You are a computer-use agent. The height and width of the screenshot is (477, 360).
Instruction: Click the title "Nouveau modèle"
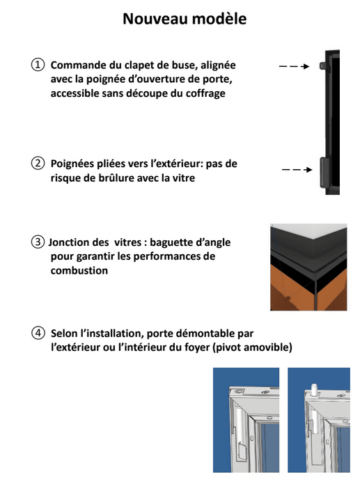(185, 19)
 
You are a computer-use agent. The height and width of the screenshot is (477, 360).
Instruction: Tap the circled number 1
(38, 65)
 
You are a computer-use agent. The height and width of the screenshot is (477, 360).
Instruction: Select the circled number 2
(38, 164)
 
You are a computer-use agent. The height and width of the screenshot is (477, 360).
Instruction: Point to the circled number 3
(38, 242)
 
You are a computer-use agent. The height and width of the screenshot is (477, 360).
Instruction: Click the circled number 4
(38, 333)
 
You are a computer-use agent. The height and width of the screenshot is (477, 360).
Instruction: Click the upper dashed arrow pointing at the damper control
(294, 66)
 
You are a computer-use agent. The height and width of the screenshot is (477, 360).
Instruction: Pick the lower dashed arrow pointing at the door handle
(297, 169)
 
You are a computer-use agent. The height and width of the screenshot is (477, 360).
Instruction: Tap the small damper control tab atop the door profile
(322, 65)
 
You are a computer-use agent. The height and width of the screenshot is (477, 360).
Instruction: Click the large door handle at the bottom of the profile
(324, 171)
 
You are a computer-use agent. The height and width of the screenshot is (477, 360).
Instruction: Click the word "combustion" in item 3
(79, 270)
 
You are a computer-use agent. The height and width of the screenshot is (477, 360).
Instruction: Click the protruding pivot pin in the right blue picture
(314, 389)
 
